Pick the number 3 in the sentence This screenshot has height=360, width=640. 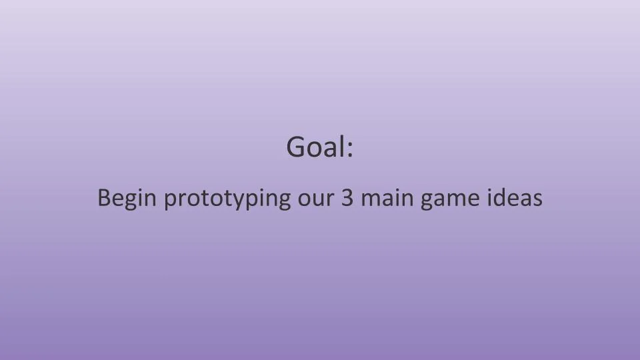(x=347, y=198)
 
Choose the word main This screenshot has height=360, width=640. (x=387, y=198)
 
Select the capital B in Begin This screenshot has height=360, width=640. (x=104, y=198)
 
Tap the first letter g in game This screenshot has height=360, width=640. (x=427, y=201)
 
